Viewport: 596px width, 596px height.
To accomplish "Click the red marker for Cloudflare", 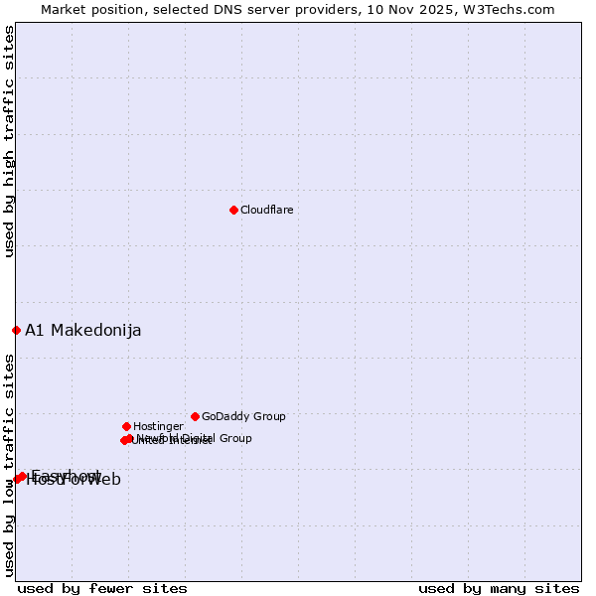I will pyautogui.click(x=233, y=210).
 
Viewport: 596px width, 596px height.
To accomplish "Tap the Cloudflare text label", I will pyautogui.click(x=266, y=210).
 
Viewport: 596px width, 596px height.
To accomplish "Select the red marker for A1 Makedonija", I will pyautogui.click(x=16, y=330).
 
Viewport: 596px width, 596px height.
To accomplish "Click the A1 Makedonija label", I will pyautogui.click(x=82, y=331).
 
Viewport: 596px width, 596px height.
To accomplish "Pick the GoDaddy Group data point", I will pyautogui.click(x=195, y=416).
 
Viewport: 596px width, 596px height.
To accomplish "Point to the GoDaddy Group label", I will pyautogui.click(x=243, y=417).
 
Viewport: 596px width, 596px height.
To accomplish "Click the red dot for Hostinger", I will pyautogui.click(x=126, y=426).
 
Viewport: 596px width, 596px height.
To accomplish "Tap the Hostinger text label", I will pyautogui.click(x=158, y=427).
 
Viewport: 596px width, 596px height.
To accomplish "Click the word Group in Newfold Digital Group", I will pyautogui.click(x=235, y=438).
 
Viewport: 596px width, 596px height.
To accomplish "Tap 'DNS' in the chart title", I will pyautogui.click(x=215, y=10).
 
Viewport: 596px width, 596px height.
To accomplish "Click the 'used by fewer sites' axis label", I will pyautogui.click(x=102, y=588).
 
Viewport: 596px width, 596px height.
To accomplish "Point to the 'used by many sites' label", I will pyautogui.click(x=499, y=588).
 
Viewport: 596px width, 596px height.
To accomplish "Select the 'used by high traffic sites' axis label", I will pyautogui.click(x=10, y=142).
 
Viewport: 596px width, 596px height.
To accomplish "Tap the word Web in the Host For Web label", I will pyautogui.click(x=103, y=480).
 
